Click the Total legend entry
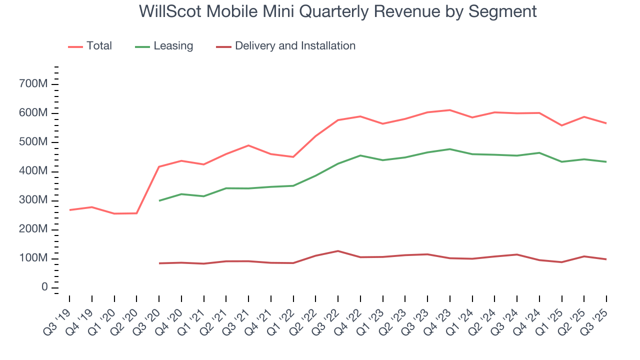[90, 46]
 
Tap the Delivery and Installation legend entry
[286, 46]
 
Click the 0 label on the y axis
[44, 287]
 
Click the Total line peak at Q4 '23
[450, 110]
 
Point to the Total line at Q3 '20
[159, 166]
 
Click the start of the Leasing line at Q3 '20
[159, 200]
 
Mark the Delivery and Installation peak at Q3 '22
[338, 251]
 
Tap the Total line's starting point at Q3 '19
[69, 210]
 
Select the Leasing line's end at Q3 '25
[606, 161]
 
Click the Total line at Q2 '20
[136, 213]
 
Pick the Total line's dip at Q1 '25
[562, 125]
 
